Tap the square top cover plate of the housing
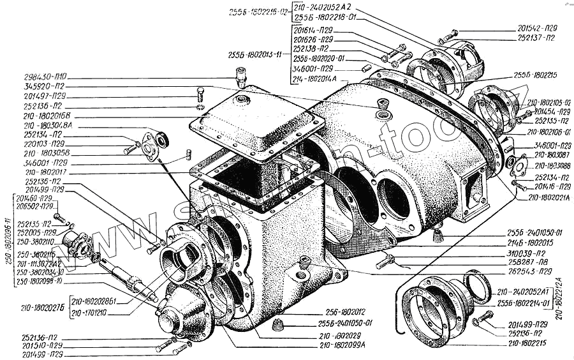[255, 121]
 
